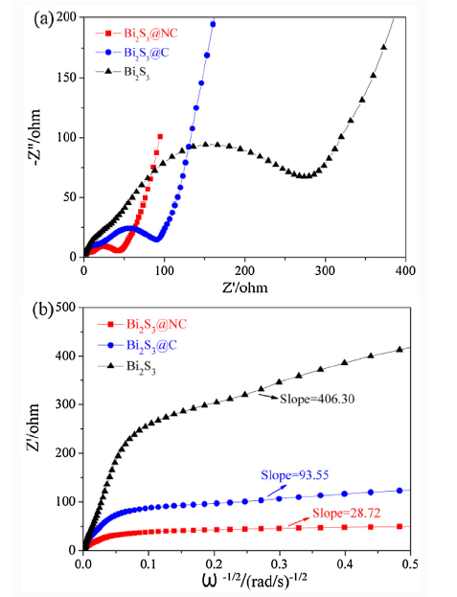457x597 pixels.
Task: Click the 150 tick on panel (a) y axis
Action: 70,78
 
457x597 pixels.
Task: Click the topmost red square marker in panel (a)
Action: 160,136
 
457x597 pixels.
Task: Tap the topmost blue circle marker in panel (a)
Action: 213,24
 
